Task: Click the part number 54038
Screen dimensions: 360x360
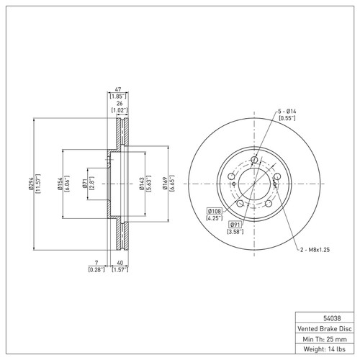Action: (x=332, y=318)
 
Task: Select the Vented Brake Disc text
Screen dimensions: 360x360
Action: (x=325, y=329)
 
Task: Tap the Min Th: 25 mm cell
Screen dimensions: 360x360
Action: (x=325, y=339)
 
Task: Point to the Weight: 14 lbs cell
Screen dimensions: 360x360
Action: (x=325, y=349)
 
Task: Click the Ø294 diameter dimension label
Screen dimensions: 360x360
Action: (x=30, y=184)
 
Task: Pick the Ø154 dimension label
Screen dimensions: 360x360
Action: (x=60, y=184)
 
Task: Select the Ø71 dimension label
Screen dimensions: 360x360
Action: (x=84, y=184)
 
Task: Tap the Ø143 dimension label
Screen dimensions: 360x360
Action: (x=142, y=184)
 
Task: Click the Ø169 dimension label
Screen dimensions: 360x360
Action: (x=165, y=184)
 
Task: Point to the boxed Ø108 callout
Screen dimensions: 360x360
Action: (x=215, y=211)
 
